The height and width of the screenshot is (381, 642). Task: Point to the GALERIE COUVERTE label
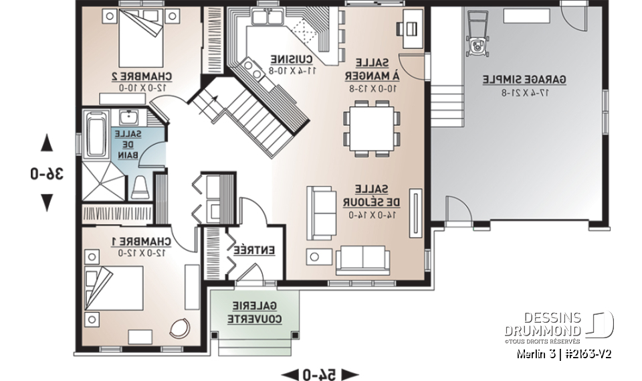(256, 311)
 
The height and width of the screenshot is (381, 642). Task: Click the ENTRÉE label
(255, 250)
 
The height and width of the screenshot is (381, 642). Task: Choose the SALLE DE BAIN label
(126, 145)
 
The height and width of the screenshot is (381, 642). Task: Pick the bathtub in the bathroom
(92, 133)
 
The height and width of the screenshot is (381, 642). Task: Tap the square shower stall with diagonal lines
(102, 181)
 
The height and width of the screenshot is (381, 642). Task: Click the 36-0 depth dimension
(47, 173)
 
